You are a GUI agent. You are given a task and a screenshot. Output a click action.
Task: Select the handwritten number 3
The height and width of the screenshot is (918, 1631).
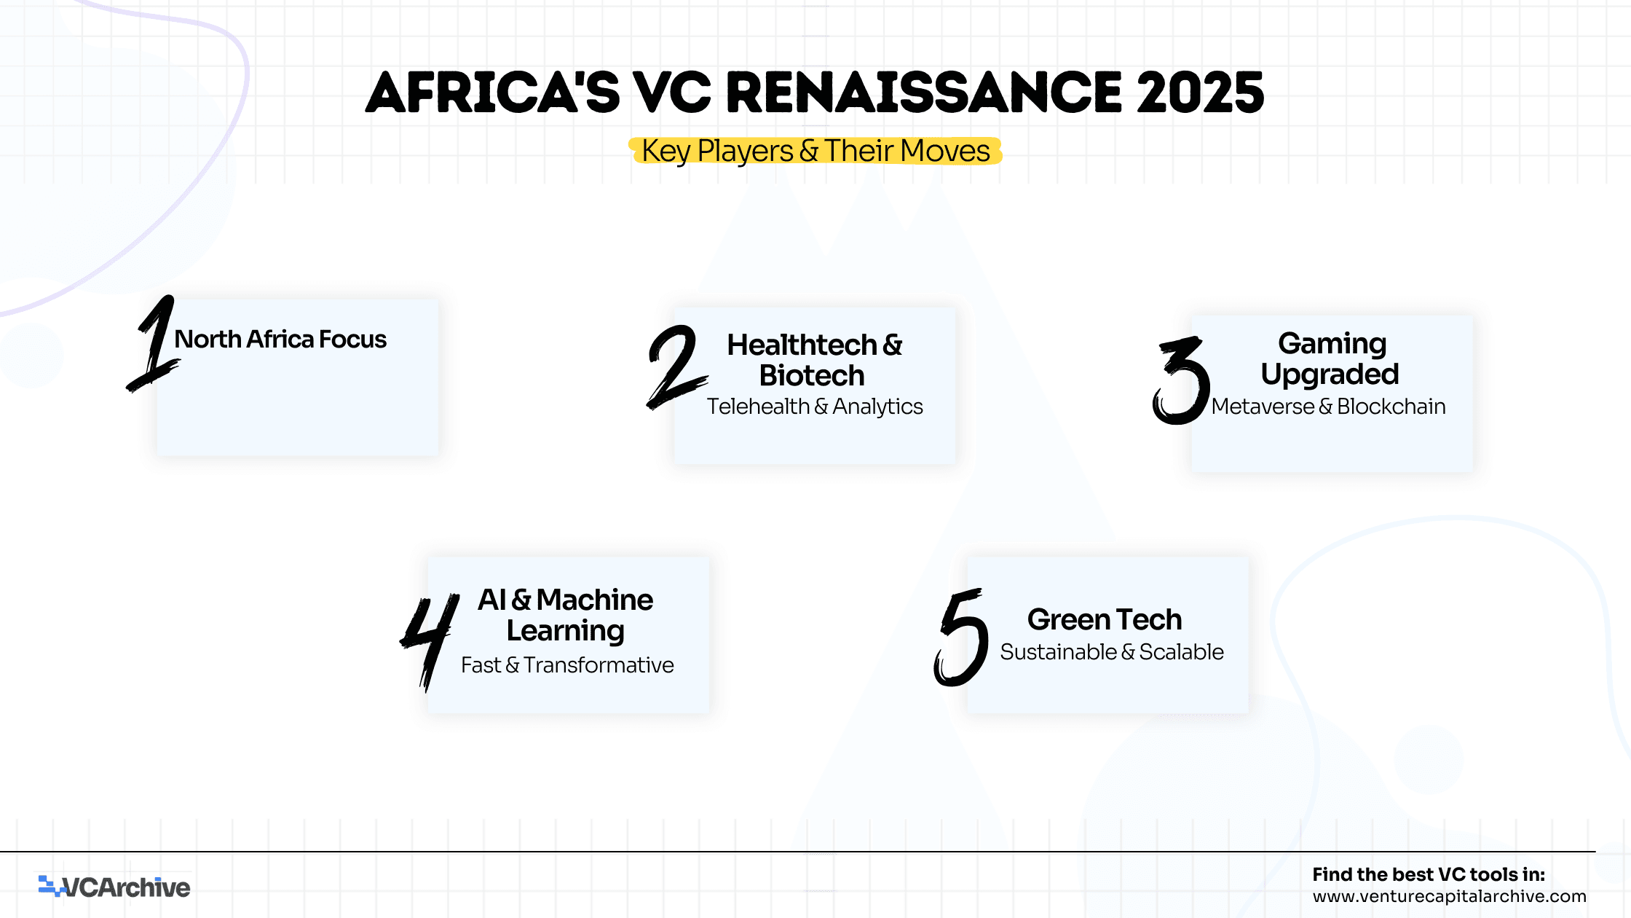(x=1181, y=380)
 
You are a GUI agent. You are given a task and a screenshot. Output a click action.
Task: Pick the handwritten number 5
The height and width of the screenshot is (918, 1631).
(x=961, y=637)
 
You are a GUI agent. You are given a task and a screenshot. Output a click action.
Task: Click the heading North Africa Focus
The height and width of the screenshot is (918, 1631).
(x=280, y=340)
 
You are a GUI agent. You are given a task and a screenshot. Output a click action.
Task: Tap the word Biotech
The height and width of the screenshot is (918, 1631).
(x=812, y=376)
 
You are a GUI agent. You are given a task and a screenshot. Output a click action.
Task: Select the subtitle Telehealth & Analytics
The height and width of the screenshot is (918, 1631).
(x=815, y=407)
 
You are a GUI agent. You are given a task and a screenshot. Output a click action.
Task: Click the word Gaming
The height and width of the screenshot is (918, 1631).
(x=1332, y=344)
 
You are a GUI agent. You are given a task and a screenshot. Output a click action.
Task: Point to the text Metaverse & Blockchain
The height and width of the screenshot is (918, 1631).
(x=1329, y=407)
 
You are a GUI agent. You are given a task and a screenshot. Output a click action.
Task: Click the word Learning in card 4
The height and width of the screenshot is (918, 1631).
(x=566, y=631)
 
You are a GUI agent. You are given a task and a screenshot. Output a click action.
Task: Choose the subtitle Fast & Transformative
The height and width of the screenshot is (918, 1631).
(x=567, y=665)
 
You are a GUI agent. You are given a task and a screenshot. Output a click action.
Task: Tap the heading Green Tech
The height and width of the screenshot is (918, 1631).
(x=1105, y=619)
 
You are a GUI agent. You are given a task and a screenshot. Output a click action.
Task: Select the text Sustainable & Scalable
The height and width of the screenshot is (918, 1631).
(x=1112, y=652)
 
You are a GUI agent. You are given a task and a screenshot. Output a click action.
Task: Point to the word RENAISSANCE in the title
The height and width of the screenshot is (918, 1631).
(x=924, y=93)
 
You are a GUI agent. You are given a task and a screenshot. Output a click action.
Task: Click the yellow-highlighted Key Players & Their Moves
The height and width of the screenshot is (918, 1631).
(x=815, y=152)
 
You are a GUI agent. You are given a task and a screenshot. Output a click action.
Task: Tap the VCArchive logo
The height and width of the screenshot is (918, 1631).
(x=114, y=887)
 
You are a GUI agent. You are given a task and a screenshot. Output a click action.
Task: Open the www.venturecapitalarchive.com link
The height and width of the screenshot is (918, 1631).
(x=1450, y=896)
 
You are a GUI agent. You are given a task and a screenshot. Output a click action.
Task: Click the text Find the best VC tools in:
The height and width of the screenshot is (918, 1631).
(x=1429, y=874)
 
